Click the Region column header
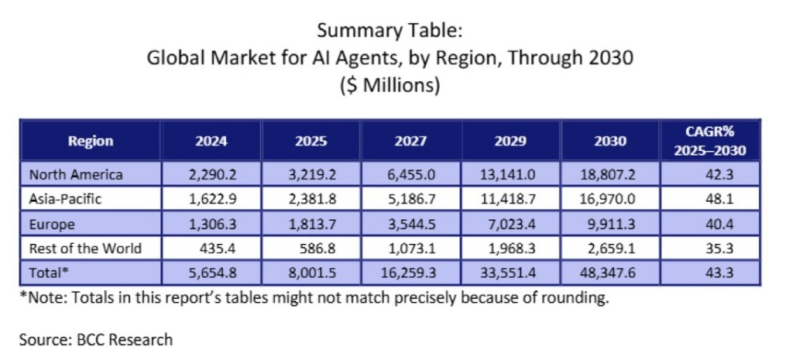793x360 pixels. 91,141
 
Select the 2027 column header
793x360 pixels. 410,141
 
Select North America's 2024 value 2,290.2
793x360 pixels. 211,174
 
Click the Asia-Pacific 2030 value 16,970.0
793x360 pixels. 608,199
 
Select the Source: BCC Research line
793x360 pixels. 97,339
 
